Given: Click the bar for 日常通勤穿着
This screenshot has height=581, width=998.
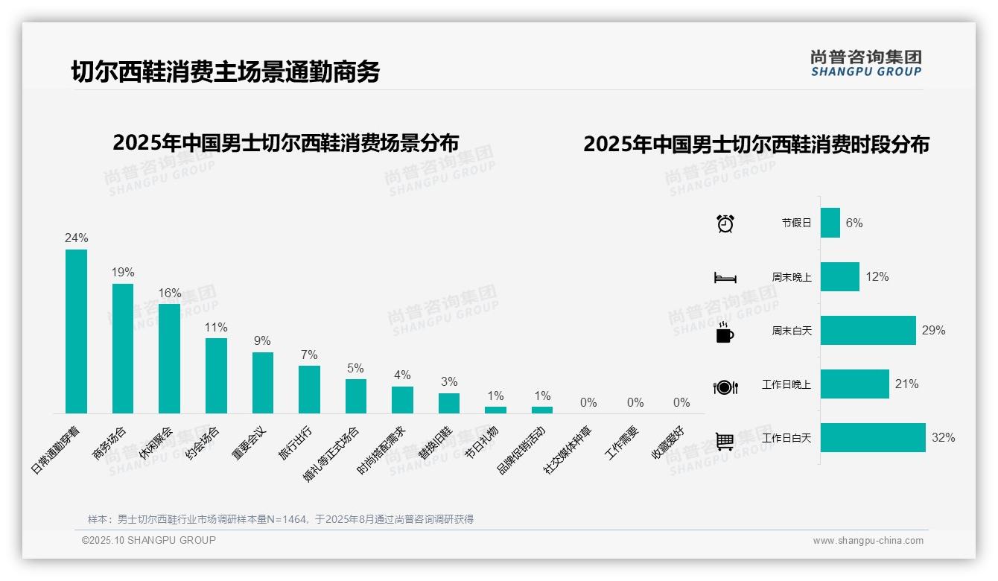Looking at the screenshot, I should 76,331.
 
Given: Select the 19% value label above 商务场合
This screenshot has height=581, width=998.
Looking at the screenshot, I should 123,273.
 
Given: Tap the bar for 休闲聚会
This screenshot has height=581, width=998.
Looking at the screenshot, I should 169,358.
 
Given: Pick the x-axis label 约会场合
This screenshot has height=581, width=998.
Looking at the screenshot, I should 203,444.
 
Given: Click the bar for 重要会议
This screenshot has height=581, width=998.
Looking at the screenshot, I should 262,382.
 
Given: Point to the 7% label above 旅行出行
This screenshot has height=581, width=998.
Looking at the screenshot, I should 309,355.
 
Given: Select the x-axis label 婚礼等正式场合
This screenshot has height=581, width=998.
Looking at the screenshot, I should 331,454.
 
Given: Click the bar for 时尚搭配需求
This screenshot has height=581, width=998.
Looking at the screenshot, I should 402,400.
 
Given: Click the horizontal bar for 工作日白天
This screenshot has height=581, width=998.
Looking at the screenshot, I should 872,438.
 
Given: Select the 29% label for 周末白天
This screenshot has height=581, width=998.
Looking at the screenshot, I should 933,330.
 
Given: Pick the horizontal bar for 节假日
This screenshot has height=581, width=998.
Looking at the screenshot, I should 830,223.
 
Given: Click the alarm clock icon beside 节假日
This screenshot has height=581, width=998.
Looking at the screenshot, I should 725,223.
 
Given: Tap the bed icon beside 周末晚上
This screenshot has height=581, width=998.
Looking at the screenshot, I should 725,277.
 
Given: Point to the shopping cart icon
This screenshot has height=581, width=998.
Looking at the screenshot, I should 725,441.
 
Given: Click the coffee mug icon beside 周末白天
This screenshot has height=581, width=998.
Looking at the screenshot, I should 725,333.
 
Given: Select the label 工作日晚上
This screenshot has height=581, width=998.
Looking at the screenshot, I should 786,384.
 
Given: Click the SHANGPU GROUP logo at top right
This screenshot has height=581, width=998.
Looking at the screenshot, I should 865,63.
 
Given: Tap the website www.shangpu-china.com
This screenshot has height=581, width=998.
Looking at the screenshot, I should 868,541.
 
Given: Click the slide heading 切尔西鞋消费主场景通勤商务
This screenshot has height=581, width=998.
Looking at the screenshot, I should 226,72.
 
